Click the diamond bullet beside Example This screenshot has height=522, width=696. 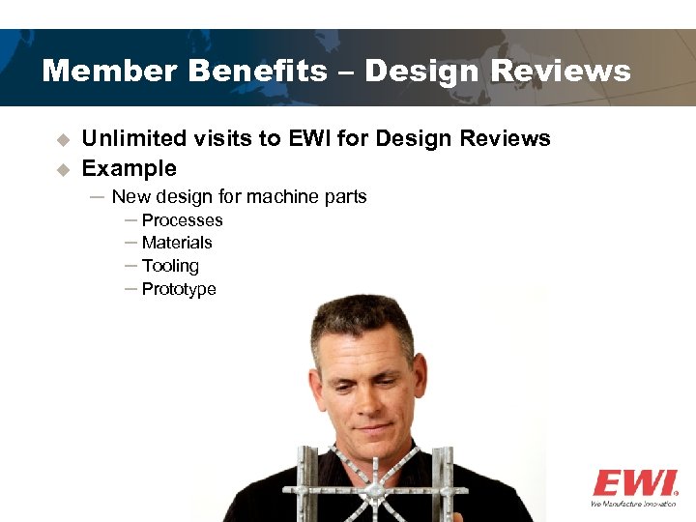[63, 169]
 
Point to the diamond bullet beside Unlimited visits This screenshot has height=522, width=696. [63, 140]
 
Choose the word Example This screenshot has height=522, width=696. [129, 169]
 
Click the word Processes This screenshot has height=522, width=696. [182, 220]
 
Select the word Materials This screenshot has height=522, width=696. [177, 243]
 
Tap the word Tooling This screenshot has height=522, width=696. [170, 266]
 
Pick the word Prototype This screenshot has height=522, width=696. [179, 289]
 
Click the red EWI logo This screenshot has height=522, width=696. [634, 483]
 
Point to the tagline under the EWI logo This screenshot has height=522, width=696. [634, 504]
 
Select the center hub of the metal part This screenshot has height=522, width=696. [374, 492]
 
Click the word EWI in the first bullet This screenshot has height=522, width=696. [310, 139]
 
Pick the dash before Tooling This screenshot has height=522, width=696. [130, 265]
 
